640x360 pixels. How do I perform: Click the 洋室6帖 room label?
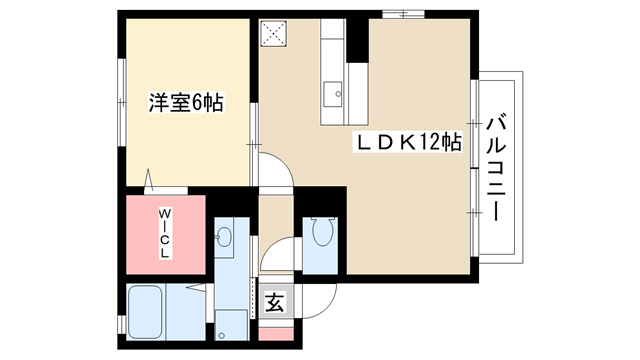[186, 102]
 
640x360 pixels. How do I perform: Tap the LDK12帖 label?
[409, 142]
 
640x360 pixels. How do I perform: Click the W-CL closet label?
[165, 233]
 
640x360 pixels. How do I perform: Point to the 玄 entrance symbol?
[275, 302]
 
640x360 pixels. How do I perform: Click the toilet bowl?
[322, 231]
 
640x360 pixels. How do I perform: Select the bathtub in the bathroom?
[145, 312]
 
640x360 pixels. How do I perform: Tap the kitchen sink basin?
[333, 94]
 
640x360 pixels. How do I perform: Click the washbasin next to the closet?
[224, 237]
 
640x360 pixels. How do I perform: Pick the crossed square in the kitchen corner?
[273, 34]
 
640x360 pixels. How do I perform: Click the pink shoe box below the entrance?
[276, 334]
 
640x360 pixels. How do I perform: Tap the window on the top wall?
[403, 14]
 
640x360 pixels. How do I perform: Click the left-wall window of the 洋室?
[122, 102]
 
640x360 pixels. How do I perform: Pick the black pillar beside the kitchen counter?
[357, 41]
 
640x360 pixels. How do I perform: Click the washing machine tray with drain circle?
[231, 325]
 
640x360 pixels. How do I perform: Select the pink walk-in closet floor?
[165, 235]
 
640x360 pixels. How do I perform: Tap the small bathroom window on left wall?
[121, 325]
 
